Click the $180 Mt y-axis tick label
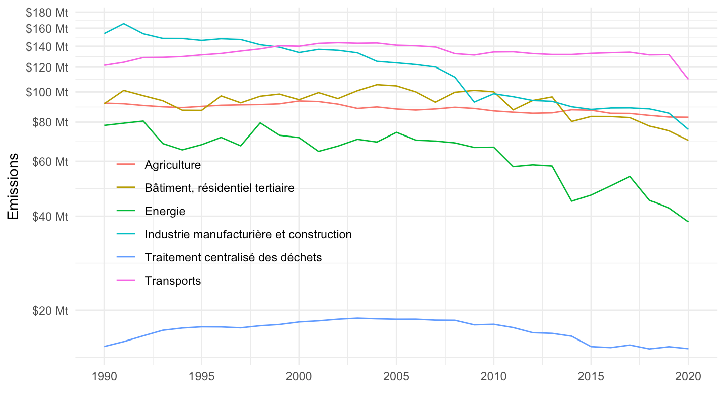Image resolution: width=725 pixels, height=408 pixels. pos(47,13)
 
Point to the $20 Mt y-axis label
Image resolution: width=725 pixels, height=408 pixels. pos(50,310)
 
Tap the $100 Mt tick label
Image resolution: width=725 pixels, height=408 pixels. pos(47,92)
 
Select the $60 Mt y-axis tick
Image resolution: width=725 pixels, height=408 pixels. pos(50,161)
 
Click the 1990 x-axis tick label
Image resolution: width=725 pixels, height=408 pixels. pos(104,376)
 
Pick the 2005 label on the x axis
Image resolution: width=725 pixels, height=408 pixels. pos(396,376)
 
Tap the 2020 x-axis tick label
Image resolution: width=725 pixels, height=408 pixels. pos(688,376)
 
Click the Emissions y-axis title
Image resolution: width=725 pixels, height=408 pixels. pos(13,186)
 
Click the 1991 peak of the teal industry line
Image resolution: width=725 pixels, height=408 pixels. pos(124,24)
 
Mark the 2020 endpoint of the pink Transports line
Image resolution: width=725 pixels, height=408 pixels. pos(688,79)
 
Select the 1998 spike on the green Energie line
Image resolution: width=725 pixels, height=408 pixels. pos(260,123)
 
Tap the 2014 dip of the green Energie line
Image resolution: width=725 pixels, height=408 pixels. pos(571,201)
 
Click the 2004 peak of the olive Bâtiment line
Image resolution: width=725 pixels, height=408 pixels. pos(377,85)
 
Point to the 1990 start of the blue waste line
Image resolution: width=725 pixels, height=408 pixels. pos(105,347)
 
